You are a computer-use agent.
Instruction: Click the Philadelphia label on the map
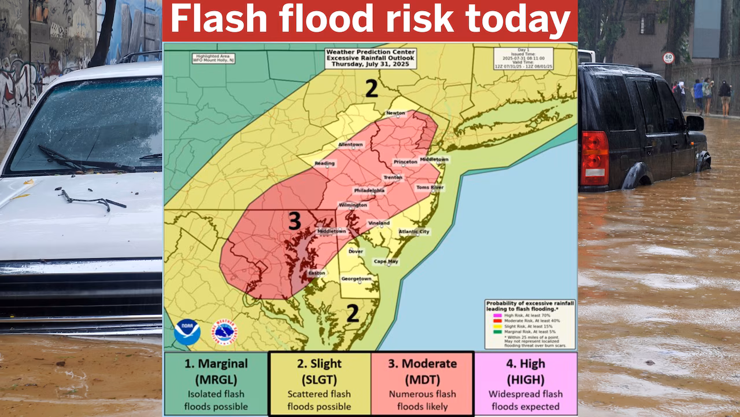(x=369, y=190)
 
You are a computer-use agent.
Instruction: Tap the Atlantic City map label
(x=414, y=232)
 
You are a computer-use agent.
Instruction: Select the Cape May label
(x=386, y=261)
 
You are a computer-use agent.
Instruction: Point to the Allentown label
(x=350, y=144)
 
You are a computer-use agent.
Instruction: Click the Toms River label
(x=430, y=187)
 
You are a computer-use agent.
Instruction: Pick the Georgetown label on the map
(x=357, y=279)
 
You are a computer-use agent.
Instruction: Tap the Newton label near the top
(x=396, y=113)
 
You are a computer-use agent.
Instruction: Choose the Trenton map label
(x=393, y=177)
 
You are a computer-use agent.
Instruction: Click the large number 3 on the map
(x=294, y=221)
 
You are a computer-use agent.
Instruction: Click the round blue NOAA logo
(x=187, y=332)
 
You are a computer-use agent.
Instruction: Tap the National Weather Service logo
(x=224, y=332)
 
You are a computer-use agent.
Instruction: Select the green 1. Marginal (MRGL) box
(x=216, y=383)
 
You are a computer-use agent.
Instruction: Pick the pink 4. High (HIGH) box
(x=526, y=383)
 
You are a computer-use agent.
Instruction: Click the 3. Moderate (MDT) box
(x=422, y=383)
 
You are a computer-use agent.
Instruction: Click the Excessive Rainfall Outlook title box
(x=370, y=58)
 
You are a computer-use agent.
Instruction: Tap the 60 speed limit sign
(x=668, y=57)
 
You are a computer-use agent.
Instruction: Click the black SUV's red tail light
(x=594, y=158)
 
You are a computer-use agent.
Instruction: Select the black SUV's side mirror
(x=694, y=123)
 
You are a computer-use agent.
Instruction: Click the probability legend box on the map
(x=530, y=324)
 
